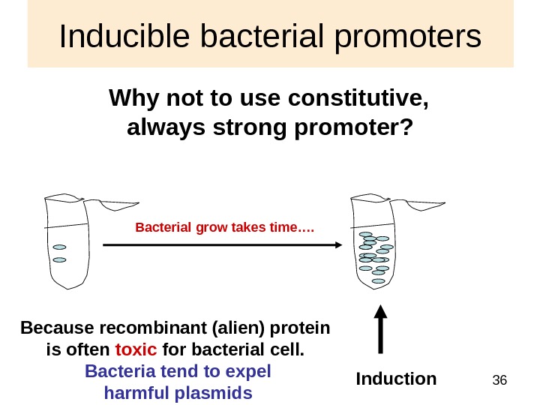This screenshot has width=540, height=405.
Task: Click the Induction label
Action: pos(396,379)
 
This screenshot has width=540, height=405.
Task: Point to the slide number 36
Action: pos(499,382)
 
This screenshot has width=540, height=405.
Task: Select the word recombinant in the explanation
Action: pos(129,328)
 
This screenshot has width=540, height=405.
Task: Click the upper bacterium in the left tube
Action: pos(59,247)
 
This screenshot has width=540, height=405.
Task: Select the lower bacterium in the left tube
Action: pos(59,260)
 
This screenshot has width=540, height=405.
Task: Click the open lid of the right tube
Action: pos(427,204)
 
